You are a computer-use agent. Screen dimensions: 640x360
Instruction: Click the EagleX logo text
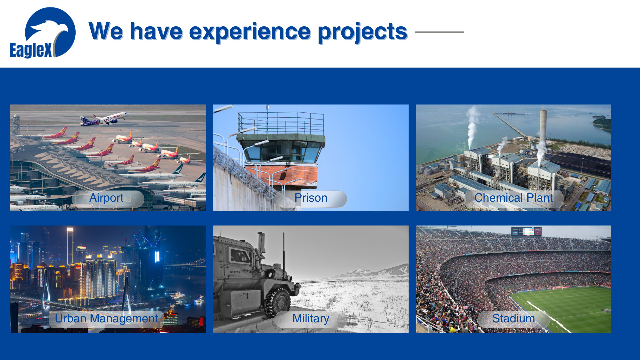pos(31,50)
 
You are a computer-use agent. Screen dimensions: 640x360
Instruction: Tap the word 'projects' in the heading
pos(362,32)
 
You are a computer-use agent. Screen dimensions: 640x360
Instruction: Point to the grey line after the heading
pos(439,32)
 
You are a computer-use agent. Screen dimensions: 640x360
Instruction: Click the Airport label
pos(106,198)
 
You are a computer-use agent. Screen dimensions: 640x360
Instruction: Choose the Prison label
pos(311,198)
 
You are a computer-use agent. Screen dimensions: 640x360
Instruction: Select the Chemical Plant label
pos(513,198)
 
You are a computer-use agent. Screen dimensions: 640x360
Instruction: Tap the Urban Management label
pos(106,319)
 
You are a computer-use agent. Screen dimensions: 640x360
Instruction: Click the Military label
pos(311,319)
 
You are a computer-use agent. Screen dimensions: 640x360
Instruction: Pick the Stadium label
pos(513,318)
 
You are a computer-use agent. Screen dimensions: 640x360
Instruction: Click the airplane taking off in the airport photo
pos(104,119)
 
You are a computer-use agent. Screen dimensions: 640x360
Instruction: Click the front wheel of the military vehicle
pos(277,302)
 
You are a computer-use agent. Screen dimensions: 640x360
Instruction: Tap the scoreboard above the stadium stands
pos(526,231)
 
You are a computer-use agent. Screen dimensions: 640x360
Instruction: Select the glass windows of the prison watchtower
pos(283,151)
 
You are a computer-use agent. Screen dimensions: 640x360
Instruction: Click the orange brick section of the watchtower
pos(282,175)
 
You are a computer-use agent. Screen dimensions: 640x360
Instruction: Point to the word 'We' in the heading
pos(106,32)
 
